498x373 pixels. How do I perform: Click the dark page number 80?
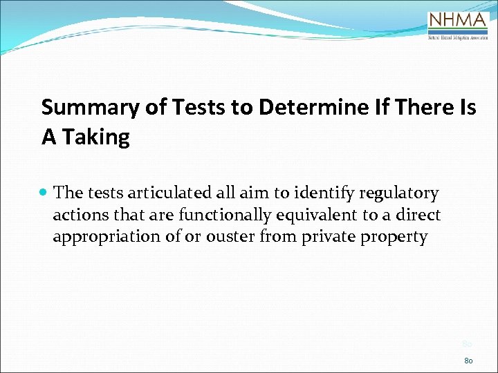pos(468,359)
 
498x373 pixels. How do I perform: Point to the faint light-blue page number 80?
pos(467,344)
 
